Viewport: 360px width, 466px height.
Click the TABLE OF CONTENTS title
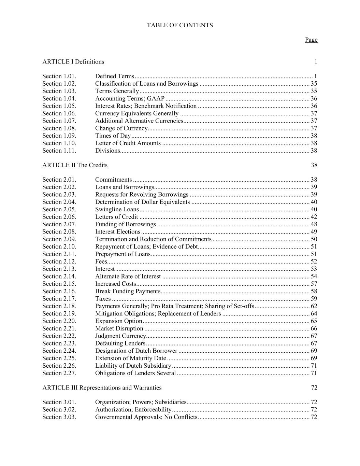180,25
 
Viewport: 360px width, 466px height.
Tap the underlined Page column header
311,40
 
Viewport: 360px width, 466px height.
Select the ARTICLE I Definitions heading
73,62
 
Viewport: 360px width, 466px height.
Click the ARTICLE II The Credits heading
75,165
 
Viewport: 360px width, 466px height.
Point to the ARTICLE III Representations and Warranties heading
102,388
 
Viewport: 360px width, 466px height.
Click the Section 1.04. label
59,99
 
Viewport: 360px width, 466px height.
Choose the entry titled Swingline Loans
117,210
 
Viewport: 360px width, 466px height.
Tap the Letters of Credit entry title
117,217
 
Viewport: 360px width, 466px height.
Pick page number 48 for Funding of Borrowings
314,225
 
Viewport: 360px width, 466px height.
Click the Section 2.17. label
59,299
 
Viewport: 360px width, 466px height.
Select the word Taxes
103,299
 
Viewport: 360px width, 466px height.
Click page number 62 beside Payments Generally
314,307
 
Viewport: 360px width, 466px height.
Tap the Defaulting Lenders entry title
120,344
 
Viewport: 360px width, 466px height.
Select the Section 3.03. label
59,418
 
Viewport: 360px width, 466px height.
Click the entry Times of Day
113,136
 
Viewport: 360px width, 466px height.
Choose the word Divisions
107,151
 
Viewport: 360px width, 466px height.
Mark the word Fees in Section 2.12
101,262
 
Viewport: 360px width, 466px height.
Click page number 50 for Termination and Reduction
314,239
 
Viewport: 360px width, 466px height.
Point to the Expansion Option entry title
118,321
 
